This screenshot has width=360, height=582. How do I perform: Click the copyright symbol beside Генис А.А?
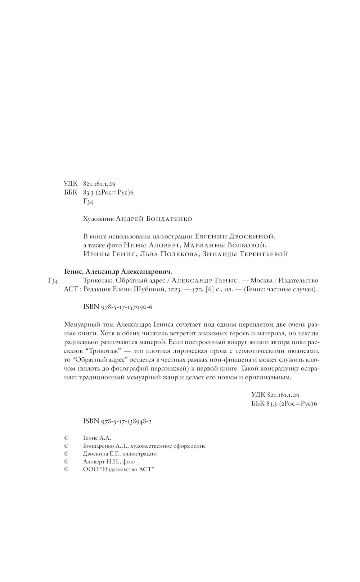pos(66,438)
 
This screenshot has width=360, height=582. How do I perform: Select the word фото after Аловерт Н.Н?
pos(129,461)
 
